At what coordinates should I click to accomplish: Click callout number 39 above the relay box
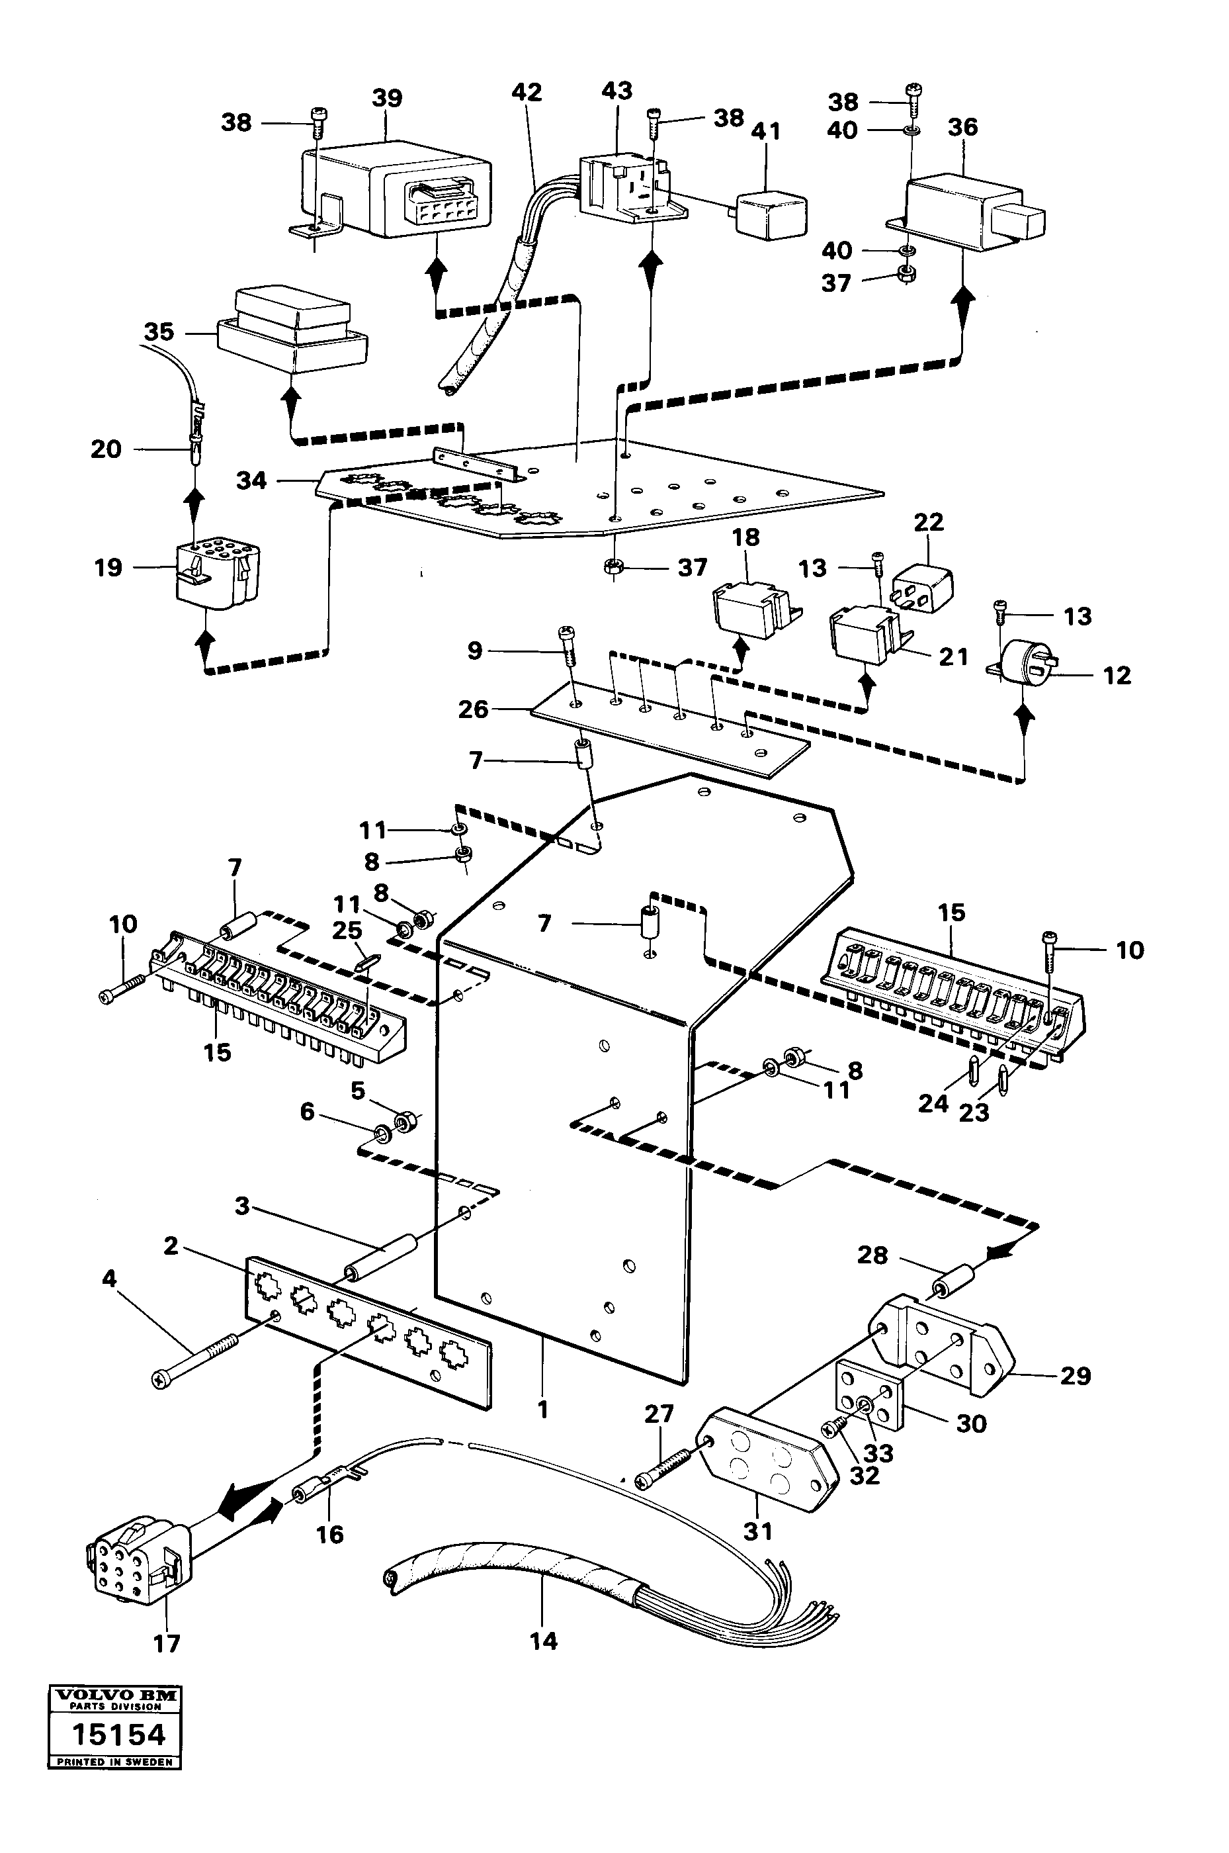pyautogui.click(x=386, y=99)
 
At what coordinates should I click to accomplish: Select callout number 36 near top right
pyautogui.click(x=962, y=127)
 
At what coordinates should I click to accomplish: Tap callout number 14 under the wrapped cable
pyautogui.click(x=543, y=1641)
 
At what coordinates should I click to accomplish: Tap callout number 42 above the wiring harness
pyautogui.click(x=527, y=93)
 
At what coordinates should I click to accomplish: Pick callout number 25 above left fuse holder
pyautogui.click(x=347, y=931)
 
